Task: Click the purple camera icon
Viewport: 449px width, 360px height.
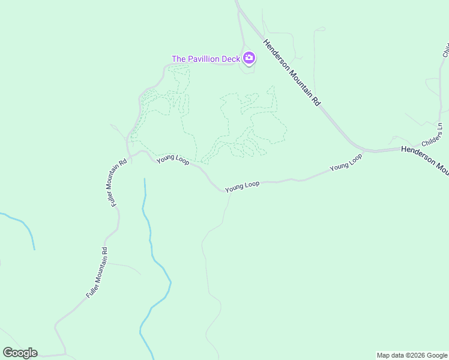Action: coord(249,58)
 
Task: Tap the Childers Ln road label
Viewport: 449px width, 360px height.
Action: coord(432,135)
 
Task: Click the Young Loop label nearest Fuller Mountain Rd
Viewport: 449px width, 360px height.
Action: coord(173,160)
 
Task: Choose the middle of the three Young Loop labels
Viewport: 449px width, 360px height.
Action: coord(242,187)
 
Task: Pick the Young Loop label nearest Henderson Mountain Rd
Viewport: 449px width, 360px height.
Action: coord(346,162)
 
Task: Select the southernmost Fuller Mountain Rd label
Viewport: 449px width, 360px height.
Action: coord(96,274)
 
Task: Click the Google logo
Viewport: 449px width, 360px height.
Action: coord(20,352)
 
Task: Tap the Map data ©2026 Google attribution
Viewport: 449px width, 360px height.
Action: coord(412,355)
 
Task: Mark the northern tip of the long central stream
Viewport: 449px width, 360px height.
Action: coord(145,179)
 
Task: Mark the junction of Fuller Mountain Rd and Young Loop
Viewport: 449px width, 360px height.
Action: coord(128,155)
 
